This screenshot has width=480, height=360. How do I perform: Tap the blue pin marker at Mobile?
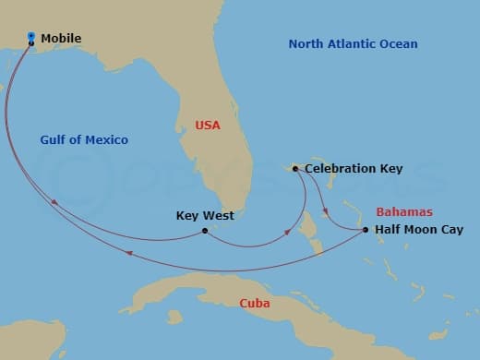(31, 38)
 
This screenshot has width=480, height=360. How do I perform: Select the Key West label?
(204, 216)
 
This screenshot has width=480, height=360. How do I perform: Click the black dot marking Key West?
(204, 231)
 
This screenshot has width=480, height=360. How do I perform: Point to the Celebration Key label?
(353, 169)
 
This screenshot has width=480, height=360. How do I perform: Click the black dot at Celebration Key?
(294, 169)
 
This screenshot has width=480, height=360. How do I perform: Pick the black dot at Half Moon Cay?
(366, 230)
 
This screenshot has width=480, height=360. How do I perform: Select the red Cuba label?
(254, 303)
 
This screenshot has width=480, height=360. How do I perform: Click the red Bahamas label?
(404, 211)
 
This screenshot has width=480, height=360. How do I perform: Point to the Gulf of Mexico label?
(84, 140)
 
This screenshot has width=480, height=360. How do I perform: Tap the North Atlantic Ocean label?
(353, 44)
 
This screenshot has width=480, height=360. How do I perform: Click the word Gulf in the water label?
(52, 140)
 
